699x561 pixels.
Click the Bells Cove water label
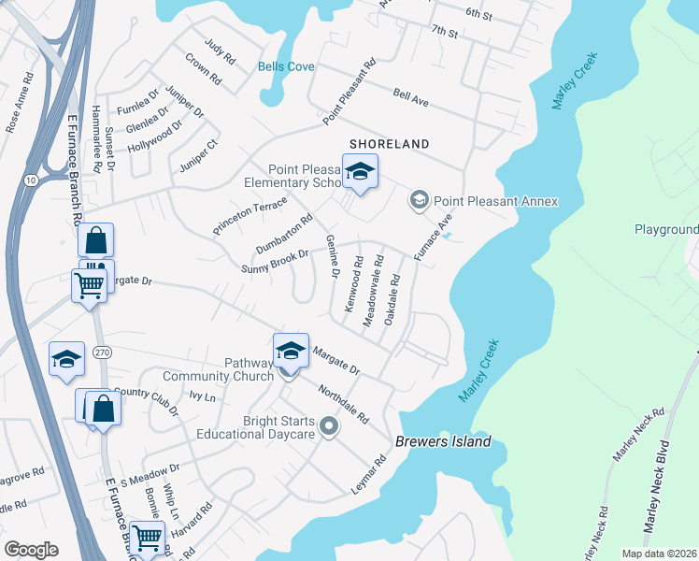coord(286,66)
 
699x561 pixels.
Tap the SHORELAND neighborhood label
coord(389,144)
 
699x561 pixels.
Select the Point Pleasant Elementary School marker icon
coord(360,172)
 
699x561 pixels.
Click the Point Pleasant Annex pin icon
coord(420,200)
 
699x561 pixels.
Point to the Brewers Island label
coord(443,442)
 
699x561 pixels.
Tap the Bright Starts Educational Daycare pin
coord(328,427)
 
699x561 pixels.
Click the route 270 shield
coord(102,352)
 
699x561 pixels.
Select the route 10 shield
coord(30,179)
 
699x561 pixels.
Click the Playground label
coord(666,229)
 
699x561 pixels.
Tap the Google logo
coord(32,550)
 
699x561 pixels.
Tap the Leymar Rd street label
coord(368,474)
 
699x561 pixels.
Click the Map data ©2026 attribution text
coord(659,554)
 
